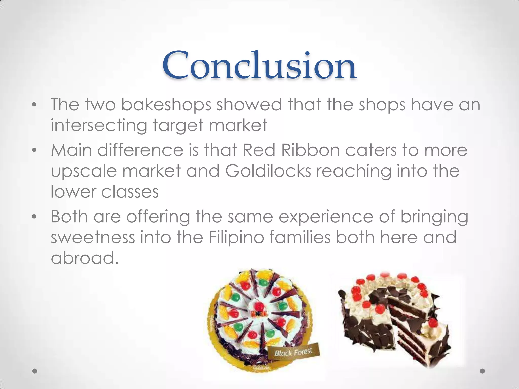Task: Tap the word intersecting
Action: [99, 125]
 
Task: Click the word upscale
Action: [84, 171]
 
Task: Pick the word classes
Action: [130, 191]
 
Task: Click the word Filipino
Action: [236, 238]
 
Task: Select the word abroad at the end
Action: [85, 258]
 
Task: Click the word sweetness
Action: [93, 238]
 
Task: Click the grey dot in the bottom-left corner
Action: [35, 371]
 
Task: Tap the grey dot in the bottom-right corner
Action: [483, 371]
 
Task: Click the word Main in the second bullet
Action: [71, 150]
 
